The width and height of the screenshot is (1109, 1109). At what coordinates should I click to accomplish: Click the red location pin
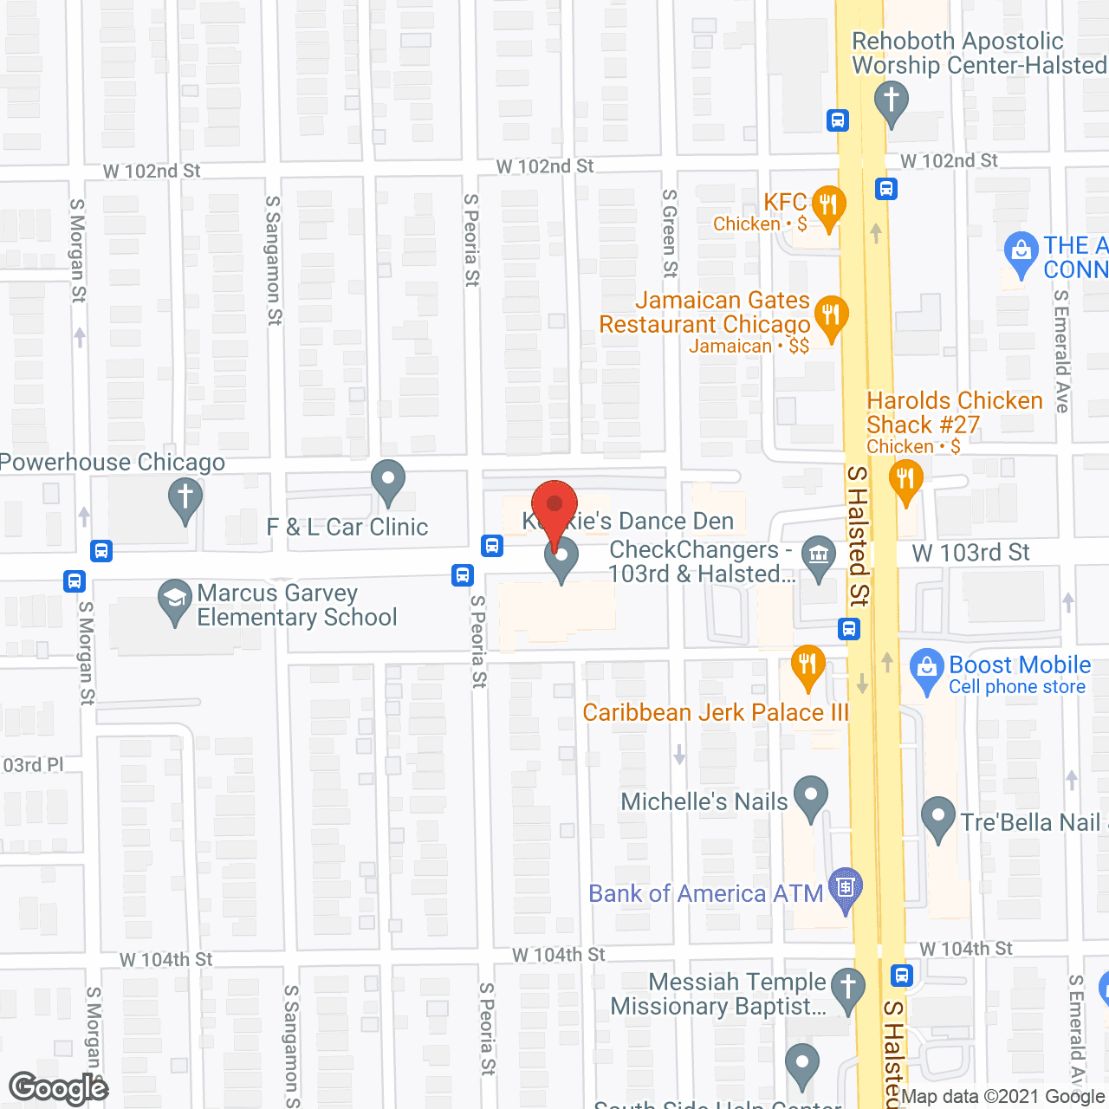(x=554, y=506)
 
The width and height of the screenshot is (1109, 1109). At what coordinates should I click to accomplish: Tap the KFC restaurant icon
(x=829, y=206)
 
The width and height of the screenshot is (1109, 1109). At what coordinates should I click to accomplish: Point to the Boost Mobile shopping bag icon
(x=926, y=668)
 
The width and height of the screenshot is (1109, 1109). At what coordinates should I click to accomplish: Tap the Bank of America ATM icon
(x=846, y=887)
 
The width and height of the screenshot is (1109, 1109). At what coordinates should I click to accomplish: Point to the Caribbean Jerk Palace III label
(x=716, y=712)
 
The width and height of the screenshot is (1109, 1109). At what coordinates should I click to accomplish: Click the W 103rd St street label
(x=970, y=553)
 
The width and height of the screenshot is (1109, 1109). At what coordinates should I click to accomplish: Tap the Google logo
(x=58, y=1088)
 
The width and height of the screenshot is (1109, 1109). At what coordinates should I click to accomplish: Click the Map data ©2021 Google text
(x=1004, y=1097)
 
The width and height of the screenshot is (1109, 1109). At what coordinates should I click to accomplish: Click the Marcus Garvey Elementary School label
(x=296, y=605)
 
